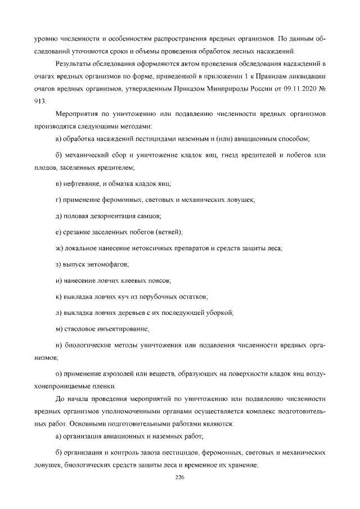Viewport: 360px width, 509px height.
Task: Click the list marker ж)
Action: (x=60, y=247)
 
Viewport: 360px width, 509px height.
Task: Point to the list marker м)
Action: (x=60, y=328)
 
